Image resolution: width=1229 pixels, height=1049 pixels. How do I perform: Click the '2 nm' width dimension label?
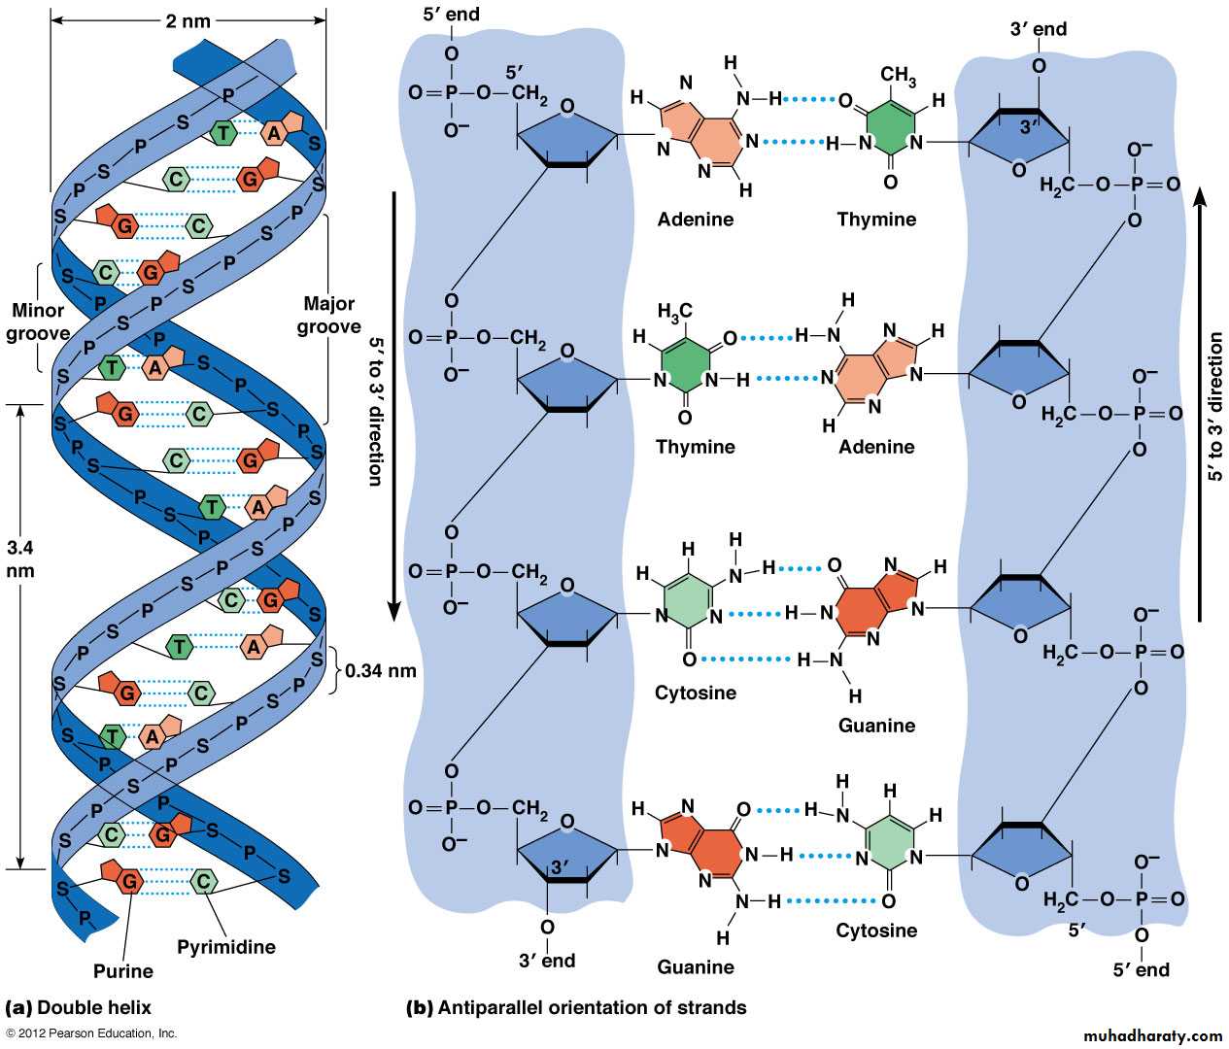pyautogui.click(x=188, y=20)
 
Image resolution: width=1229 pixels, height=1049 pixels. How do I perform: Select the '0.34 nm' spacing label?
pyautogui.click(x=381, y=670)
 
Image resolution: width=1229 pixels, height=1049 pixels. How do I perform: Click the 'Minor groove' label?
pyautogui.click(x=38, y=321)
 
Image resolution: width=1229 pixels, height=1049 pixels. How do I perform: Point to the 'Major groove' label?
pyautogui.click(x=329, y=315)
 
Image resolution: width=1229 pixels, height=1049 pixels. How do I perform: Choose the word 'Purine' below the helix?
pyautogui.click(x=123, y=970)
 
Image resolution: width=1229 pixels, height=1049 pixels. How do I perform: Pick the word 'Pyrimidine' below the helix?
pyautogui.click(x=226, y=946)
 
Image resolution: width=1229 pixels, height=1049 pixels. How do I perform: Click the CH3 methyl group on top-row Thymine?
pyautogui.click(x=897, y=75)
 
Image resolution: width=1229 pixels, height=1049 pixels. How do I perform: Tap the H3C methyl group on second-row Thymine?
pyautogui.click(x=675, y=311)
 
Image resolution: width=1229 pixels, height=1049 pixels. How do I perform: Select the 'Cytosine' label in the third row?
pyautogui.click(x=696, y=693)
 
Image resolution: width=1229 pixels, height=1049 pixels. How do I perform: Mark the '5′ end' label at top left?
pyautogui.click(x=451, y=15)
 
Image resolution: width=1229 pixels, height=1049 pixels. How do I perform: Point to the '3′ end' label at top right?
pyautogui.click(x=1038, y=29)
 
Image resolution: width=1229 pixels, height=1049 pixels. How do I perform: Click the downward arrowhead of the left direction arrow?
pyautogui.click(x=394, y=611)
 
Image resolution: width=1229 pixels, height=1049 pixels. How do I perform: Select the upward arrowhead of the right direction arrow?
pyautogui.click(x=1201, y=197)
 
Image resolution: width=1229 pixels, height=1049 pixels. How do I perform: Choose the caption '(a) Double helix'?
pyautogui.click(x=79, y=1007)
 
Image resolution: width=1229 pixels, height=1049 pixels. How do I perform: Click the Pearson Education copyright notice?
pyautogui.click(x=91, y=1033)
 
